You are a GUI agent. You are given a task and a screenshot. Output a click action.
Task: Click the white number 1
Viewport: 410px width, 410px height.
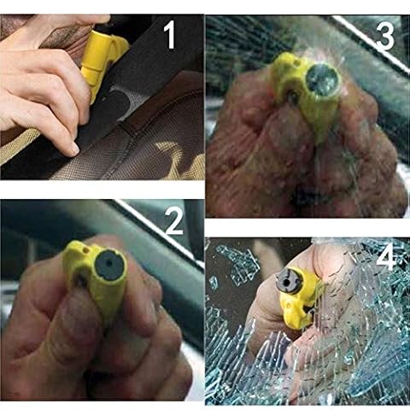(x=171, y=35)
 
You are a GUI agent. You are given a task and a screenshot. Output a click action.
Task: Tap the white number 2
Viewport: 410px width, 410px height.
(x=174, y=221)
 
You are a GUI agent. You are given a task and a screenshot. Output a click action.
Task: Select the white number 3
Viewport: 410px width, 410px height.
(x=385, y=36)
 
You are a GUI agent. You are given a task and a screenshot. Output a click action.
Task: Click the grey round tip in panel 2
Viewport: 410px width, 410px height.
(x=110, y=265)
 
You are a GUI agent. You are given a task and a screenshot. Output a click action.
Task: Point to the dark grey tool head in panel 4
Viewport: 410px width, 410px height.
(x=288, y=281)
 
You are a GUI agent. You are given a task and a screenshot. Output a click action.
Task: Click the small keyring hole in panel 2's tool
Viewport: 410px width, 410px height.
(x=85, y=249)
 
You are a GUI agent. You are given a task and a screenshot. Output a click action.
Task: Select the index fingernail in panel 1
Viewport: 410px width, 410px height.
(x=74, y=148)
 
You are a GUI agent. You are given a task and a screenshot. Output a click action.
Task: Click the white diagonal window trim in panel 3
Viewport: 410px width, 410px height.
(x=370, y=43)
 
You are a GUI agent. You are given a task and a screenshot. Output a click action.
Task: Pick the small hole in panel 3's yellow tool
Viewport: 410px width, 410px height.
(x=297, y=62)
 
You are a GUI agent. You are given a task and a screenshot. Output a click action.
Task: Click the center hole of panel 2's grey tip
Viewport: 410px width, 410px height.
(x=110, y=263)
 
